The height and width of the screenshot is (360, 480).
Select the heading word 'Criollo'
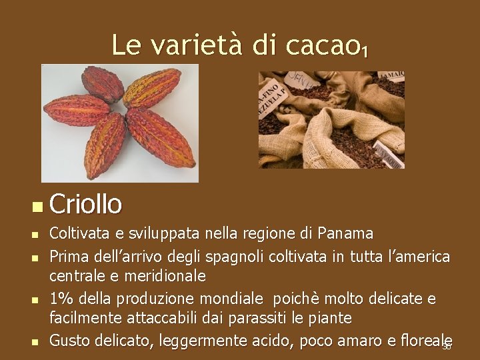pyautogui.click(x=85, y=204)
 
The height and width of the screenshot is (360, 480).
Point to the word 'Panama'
pyautogui.click(x=345, y=234)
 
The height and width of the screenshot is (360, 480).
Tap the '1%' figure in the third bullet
pyautogui.click(x=62, y=299)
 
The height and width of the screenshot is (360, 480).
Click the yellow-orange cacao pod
pyautogui.click(x=152, y=88)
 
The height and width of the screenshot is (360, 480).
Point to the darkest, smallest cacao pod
pyautogui.click(x=103, y=83)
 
